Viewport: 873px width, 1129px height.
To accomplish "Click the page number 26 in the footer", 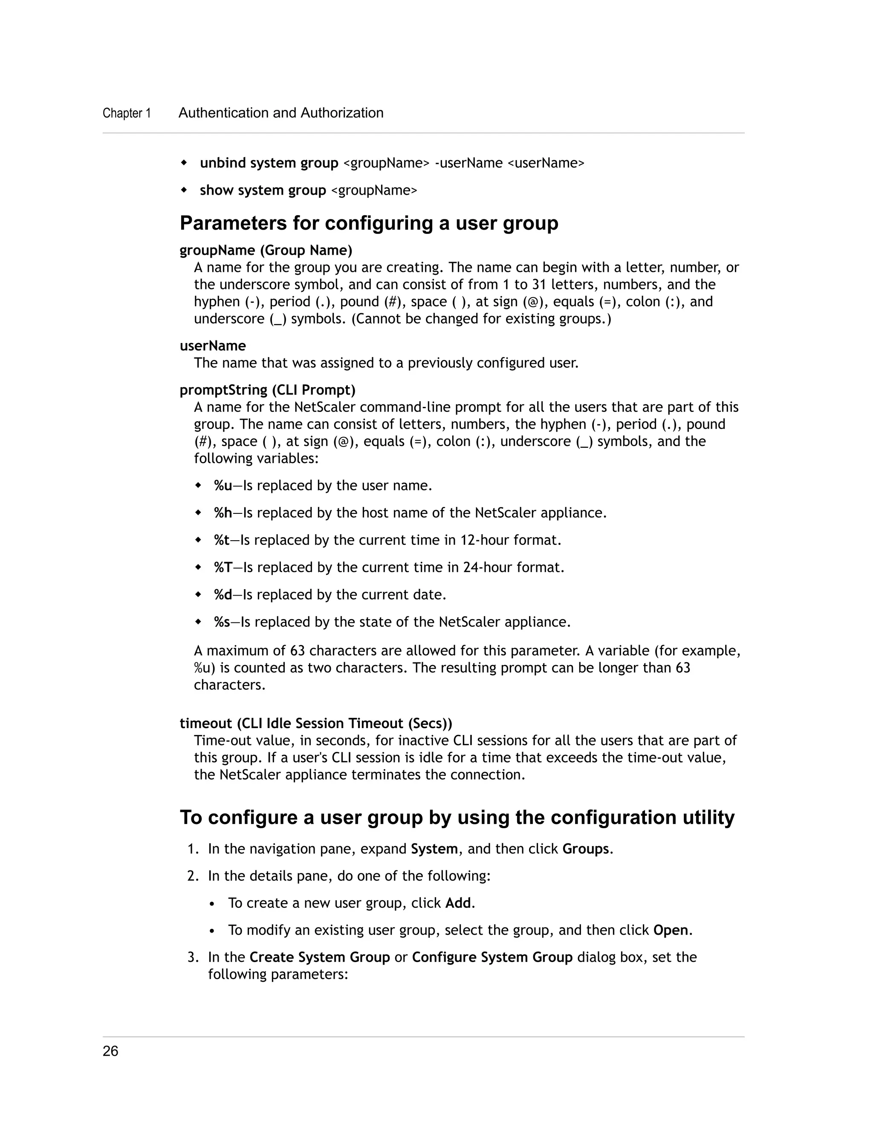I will [111, 1051].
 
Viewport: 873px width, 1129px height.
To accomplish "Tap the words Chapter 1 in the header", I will [127, 113].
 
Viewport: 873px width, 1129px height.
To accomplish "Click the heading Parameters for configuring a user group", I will [369, 223].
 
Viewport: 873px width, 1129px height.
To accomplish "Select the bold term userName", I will [213, 346].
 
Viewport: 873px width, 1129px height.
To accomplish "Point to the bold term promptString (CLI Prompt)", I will [267, 390].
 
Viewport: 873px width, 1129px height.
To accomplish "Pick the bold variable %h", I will [223, 513].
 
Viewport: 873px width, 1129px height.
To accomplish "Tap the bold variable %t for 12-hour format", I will [221, 540].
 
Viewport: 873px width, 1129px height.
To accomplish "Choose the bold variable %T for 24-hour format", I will [223, 567].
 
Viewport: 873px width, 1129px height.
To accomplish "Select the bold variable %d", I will [223, 595].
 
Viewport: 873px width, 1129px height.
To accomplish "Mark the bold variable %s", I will [222, 622].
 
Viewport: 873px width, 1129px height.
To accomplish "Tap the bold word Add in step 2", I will [458, 903].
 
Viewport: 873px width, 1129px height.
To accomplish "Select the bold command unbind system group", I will [269, 163].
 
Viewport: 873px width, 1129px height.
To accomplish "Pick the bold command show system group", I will [263, 190].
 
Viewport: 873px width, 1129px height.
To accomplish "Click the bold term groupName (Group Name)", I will [266, 250].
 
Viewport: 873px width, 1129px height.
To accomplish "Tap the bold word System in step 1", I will [434, 849].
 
